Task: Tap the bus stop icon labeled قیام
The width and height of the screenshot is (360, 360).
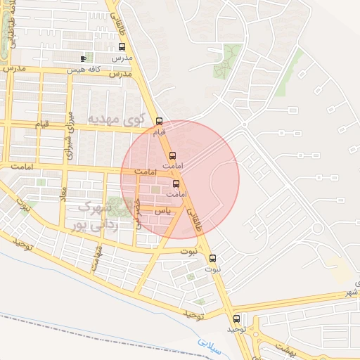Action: pos(160,120)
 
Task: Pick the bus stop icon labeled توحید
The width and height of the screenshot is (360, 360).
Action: pos(237,318)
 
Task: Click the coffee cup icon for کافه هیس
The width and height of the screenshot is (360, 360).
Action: pos(84,58)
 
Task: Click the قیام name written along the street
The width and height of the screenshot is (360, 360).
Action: pos(43,124)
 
